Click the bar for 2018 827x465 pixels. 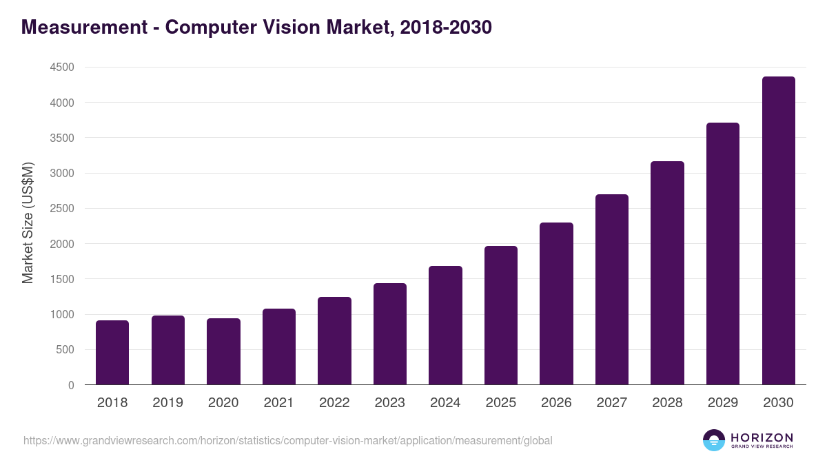(x=112, y=353)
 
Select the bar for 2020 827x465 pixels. (x=223, y=351)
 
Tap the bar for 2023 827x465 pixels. (x=390, y=334)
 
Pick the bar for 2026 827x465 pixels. (x=556, y=304)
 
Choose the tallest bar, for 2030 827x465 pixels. (x=778, y=231)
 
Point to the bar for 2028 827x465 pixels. (x=667, y=273)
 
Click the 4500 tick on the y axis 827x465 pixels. (x=61, y=68)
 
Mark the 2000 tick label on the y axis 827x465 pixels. (x=61, y=244)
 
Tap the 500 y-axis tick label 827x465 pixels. (x=64, y=350)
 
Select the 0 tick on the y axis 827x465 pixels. (x=70, y=385)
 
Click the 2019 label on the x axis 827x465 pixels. (x=167, y=403)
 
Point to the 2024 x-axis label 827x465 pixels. (x=445, y=403)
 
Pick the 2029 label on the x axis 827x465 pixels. (x=723, y=403)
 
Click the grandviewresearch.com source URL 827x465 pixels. (x=287, y=440)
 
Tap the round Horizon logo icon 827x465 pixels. (x=714, y=440)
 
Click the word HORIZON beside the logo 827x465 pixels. (x=762, y=437)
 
